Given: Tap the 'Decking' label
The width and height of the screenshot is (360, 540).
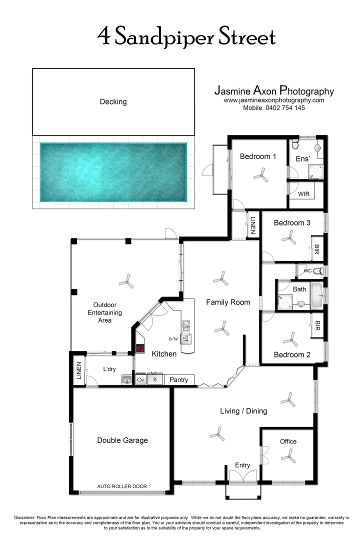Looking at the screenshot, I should [113, 101].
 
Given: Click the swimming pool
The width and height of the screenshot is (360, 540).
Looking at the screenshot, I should [113, 173].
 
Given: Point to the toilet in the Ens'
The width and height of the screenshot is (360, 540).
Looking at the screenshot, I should [295, 145].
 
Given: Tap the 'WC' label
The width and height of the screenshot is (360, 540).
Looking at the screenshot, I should [307, 270].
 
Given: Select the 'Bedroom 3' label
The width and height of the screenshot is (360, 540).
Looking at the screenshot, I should [292, 223].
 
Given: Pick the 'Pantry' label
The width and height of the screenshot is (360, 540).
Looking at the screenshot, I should [178, 380].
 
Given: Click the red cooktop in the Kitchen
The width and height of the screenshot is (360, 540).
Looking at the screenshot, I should [140, 348].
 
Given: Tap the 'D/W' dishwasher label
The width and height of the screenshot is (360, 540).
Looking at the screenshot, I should [173, 339].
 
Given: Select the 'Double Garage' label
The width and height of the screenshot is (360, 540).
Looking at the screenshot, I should [122, 440].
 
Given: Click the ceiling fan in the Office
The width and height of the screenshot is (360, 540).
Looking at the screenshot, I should [288, 455].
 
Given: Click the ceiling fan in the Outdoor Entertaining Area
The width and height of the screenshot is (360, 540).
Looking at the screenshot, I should [126, 282].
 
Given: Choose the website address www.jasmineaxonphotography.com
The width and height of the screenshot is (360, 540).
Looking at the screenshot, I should [273, 100].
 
